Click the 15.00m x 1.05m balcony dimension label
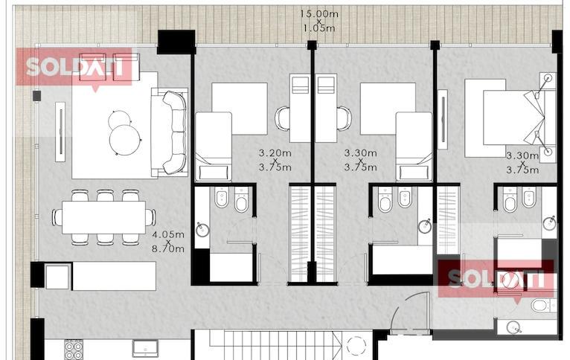click(318, 21)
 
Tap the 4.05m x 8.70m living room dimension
click(168, 242)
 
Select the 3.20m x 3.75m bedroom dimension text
click(275, 160)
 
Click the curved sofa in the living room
click(175, 132)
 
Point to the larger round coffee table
click(125, 141)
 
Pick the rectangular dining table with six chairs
click(103, 218)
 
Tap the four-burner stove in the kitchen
click(74, 350)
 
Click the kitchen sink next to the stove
click(145, 348)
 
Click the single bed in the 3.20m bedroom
click(214, 147)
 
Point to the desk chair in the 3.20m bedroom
click(282, 118)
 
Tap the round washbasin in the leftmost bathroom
click(202, 230)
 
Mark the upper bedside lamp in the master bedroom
click(548, 78)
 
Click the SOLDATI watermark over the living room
click(74, 67)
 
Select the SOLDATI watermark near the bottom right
click(496, 279)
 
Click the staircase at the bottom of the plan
click(275, 344)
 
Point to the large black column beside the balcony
click(176, 42)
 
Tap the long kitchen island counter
click(114, 276)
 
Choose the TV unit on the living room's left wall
click(60, 132)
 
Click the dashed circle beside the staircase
click(356, 346)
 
